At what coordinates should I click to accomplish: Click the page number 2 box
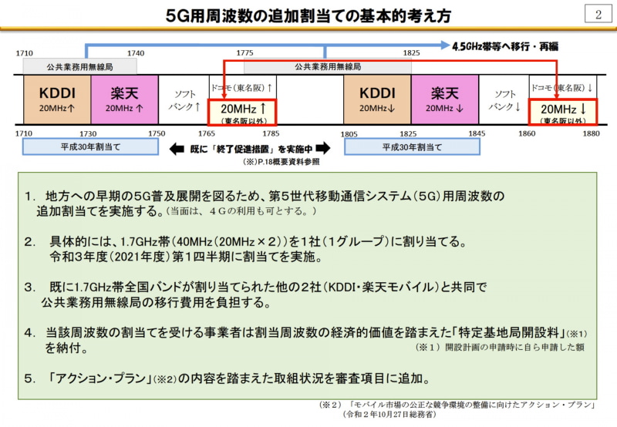point(598,14)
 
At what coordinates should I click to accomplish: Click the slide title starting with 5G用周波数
point(308,15)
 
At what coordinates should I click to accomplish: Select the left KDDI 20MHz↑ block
point(57,99)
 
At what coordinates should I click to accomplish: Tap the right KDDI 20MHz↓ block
point(377,99)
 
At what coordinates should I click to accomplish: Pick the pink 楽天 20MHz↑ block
point(125,99)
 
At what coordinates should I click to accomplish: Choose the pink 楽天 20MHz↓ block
point(445,99)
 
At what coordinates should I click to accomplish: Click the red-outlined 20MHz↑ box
point(242,113)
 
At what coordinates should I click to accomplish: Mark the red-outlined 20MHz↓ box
point(563,113)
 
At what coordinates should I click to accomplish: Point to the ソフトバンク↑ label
point(184,100)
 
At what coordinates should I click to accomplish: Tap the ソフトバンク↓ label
point(505,100)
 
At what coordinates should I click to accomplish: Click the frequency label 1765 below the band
point(207,133)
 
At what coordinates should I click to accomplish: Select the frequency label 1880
point(591,133)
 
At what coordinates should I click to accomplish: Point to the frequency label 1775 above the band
point(244,52)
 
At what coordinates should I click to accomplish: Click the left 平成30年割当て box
point(90,147)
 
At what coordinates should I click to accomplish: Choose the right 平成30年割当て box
point(412,147)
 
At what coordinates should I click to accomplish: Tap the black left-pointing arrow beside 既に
point(177,149)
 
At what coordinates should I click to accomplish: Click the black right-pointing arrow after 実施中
point(323,148)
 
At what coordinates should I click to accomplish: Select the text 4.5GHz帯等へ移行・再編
point(505,46)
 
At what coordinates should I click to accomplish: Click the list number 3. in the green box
point(30,287)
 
